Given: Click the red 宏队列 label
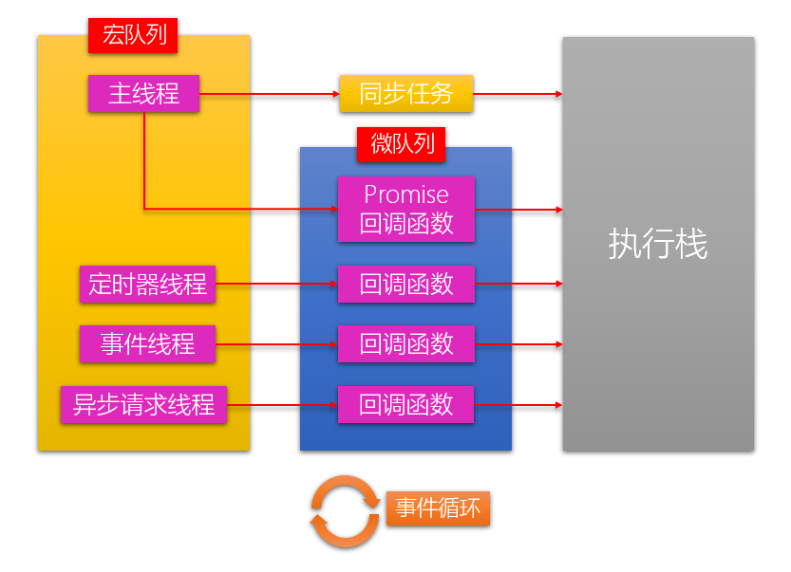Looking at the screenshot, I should pos(133,36).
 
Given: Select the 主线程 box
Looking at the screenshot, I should pos(143,94).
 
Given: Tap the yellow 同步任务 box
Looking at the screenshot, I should pos(405,94).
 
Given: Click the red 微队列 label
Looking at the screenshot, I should pos(402,143).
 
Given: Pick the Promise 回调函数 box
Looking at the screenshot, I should pos(405,209).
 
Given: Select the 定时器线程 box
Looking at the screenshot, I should pos(147,284).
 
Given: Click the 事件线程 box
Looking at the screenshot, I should pos(147,343).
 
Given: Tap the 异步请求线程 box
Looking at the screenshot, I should pos(143,405).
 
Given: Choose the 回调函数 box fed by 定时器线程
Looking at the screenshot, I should pos(405,284).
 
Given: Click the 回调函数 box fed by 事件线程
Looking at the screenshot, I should pos(405,343).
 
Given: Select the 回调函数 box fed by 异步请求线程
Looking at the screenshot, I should pos(405,405).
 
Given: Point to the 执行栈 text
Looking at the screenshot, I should pos(657,245).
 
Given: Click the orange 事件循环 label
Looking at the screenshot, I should pos(438,508).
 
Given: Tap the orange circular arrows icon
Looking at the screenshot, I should pos(344,511).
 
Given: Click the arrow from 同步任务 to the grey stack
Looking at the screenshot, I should pos(518,94).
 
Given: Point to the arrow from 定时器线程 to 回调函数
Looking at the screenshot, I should pos(276,284).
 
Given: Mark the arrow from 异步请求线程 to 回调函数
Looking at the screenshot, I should pos(282,405).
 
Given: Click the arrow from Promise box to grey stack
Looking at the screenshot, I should pos(518,209).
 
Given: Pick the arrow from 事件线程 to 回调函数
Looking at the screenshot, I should pos(276,343).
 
